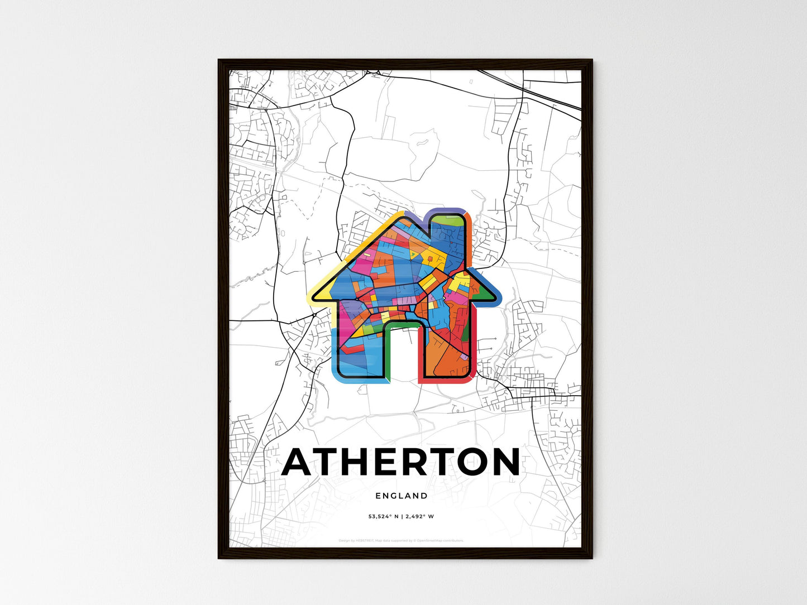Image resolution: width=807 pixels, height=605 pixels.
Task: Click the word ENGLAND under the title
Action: (402, 496)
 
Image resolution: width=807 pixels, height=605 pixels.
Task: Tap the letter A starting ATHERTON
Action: (302, 462)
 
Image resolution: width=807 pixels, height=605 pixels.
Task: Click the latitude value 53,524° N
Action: (383, 517)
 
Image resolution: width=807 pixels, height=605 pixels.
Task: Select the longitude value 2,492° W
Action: (420, 517)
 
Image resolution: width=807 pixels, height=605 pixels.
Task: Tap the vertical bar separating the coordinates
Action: (402, 517)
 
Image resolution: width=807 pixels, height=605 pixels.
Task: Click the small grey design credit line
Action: (402, 540)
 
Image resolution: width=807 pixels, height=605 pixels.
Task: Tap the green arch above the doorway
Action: (402, 324)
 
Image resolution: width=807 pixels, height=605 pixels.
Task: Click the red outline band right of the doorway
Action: (421, 357)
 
